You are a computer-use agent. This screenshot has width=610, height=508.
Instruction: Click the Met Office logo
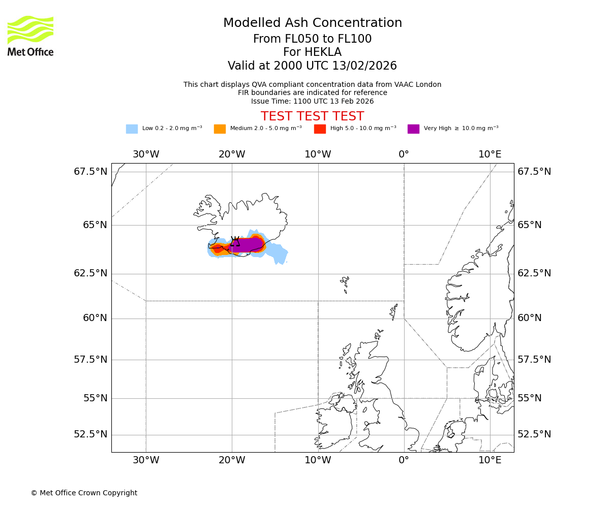coord(30,36)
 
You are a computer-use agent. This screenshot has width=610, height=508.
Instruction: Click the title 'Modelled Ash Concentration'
coord(313,23)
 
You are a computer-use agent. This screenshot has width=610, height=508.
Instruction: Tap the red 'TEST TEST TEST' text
coord(312,116)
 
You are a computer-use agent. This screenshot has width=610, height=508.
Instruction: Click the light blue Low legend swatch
coord(132,129)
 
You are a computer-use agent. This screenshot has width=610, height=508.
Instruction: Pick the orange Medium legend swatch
coord(220,129)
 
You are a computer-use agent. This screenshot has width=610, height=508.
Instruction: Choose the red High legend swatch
coord(320,129)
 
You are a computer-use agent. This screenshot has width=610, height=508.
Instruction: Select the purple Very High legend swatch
coord(413,129)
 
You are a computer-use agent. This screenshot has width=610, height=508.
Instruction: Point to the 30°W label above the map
coord(146,154)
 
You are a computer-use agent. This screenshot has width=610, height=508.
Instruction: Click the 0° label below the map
coord(404,460)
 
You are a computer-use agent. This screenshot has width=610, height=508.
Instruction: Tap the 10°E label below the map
coord(490,460)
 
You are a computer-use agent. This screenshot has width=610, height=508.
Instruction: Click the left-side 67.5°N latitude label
coord(90,172)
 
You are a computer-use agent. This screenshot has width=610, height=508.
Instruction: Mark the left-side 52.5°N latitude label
coord(90,434)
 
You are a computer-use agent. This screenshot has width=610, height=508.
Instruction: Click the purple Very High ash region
coord(247,245)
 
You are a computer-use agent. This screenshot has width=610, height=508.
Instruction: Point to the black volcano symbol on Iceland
coord(235,241)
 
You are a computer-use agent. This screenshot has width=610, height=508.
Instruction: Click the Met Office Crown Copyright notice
coord(84,493)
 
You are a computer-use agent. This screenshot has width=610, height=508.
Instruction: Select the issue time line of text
coord(312,101)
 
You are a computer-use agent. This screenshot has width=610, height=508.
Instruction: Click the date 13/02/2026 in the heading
coord(364,66)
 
